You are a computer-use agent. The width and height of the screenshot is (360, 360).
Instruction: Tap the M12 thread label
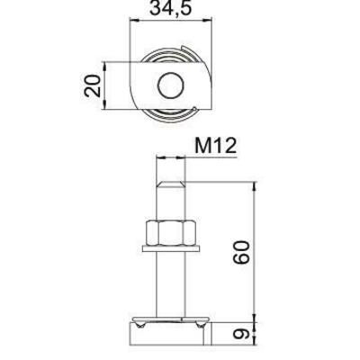tap(213, 146)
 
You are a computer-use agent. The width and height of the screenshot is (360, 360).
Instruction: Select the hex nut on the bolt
tap(169, 232)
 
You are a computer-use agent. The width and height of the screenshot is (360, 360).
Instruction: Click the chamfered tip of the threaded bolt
tap(169, 185)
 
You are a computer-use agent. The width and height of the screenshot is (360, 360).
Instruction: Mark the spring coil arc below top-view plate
tap(171, 115)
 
